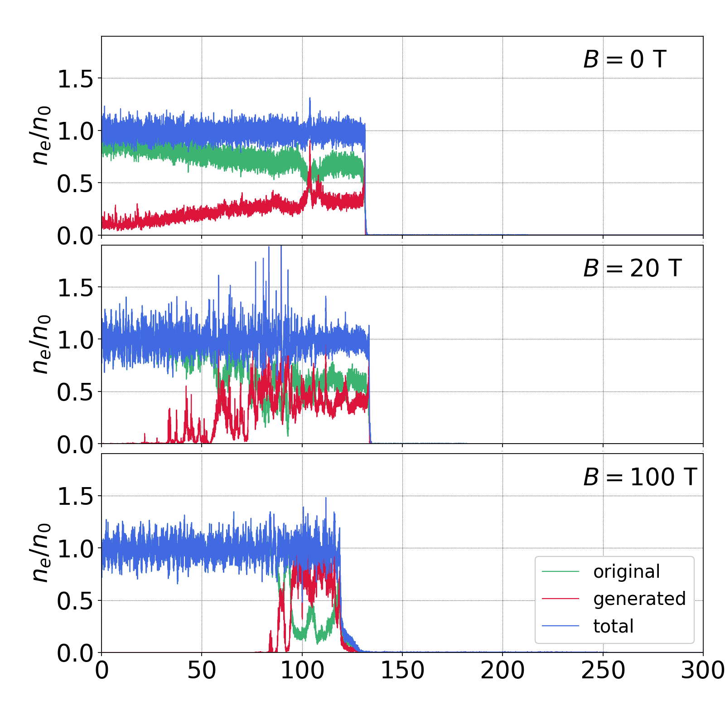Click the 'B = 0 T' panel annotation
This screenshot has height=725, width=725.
pos(624,59)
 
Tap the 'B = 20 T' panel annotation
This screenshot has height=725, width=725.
pos(632,268)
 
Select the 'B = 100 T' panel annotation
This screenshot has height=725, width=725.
pos(640,477)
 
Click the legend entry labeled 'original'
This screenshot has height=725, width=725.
pos(627,572)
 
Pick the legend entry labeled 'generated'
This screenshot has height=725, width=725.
pos(639,599)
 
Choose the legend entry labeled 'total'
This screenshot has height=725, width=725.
pos(614,626)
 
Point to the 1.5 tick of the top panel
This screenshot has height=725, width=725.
pos(75,79)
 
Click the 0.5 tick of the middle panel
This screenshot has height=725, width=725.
pos(75,392)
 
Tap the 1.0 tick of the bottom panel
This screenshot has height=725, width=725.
pos(75,549)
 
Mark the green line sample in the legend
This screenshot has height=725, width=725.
pos(561,572)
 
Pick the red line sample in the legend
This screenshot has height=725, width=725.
pos(561,599)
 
